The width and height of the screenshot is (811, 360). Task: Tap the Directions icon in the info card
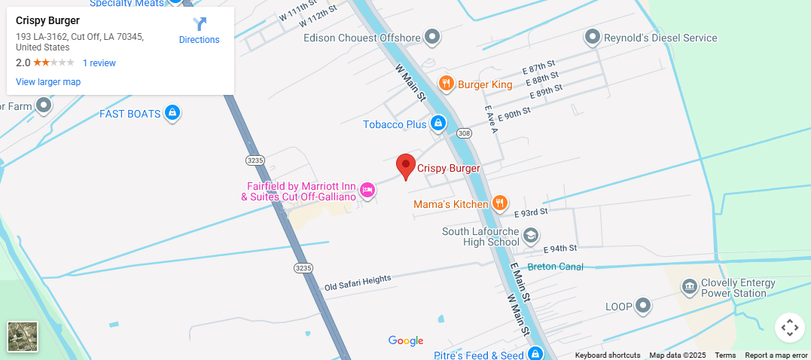(199, 25)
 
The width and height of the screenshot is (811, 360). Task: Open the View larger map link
(48, 82)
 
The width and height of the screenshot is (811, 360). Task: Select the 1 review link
(99, 63)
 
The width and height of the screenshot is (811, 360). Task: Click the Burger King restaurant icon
(447, 84)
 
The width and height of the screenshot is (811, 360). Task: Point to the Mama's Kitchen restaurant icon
(499, 203)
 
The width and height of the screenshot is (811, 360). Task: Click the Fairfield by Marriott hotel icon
(367, 190)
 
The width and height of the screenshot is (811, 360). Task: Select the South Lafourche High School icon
(531, 236)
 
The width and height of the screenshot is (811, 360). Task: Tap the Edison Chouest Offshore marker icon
(432, 37)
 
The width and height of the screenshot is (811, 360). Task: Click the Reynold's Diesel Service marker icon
(593, 37)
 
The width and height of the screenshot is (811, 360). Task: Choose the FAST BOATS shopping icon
(172, 114)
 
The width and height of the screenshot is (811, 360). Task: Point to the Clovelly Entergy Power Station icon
(689, 287)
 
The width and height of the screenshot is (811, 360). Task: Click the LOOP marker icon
(642, 306)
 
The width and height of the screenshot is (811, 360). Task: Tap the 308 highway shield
(465, 133)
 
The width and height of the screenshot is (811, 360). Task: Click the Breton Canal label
(556, 267)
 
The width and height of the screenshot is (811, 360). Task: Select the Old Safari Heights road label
(358, 283)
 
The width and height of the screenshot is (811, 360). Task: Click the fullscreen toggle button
(789, 328)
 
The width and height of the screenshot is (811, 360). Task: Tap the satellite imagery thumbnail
(23, 337)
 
